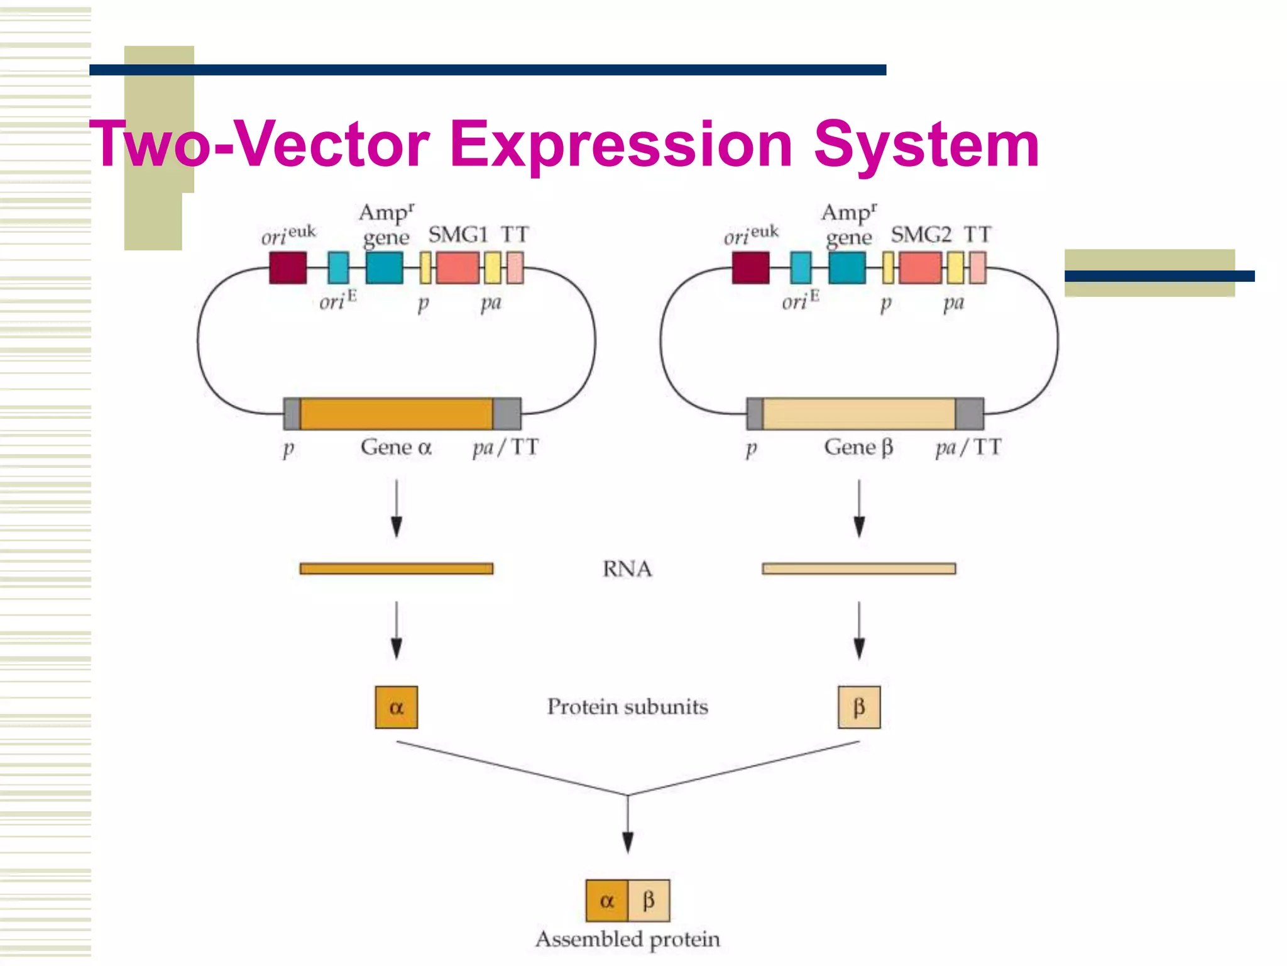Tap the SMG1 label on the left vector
click(458, 235)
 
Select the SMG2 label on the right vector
click(921, 235)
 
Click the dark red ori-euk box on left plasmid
click(288, 268)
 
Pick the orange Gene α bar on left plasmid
click(396, 414)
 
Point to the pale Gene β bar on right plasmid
click(858, 414)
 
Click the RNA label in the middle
click(627, 569)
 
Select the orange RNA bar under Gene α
click(396, 569)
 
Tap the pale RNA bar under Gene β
click(858, 569)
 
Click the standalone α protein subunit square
click(396, 707)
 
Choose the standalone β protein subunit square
click(858, 707)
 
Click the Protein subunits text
click(627, 706)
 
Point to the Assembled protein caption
click(627, 939)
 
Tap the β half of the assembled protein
click(649, 901)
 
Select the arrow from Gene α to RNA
click(396, 508)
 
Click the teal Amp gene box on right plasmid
click(846, 268)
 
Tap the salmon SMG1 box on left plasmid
click(457, 268)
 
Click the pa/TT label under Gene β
click(968, 447)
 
